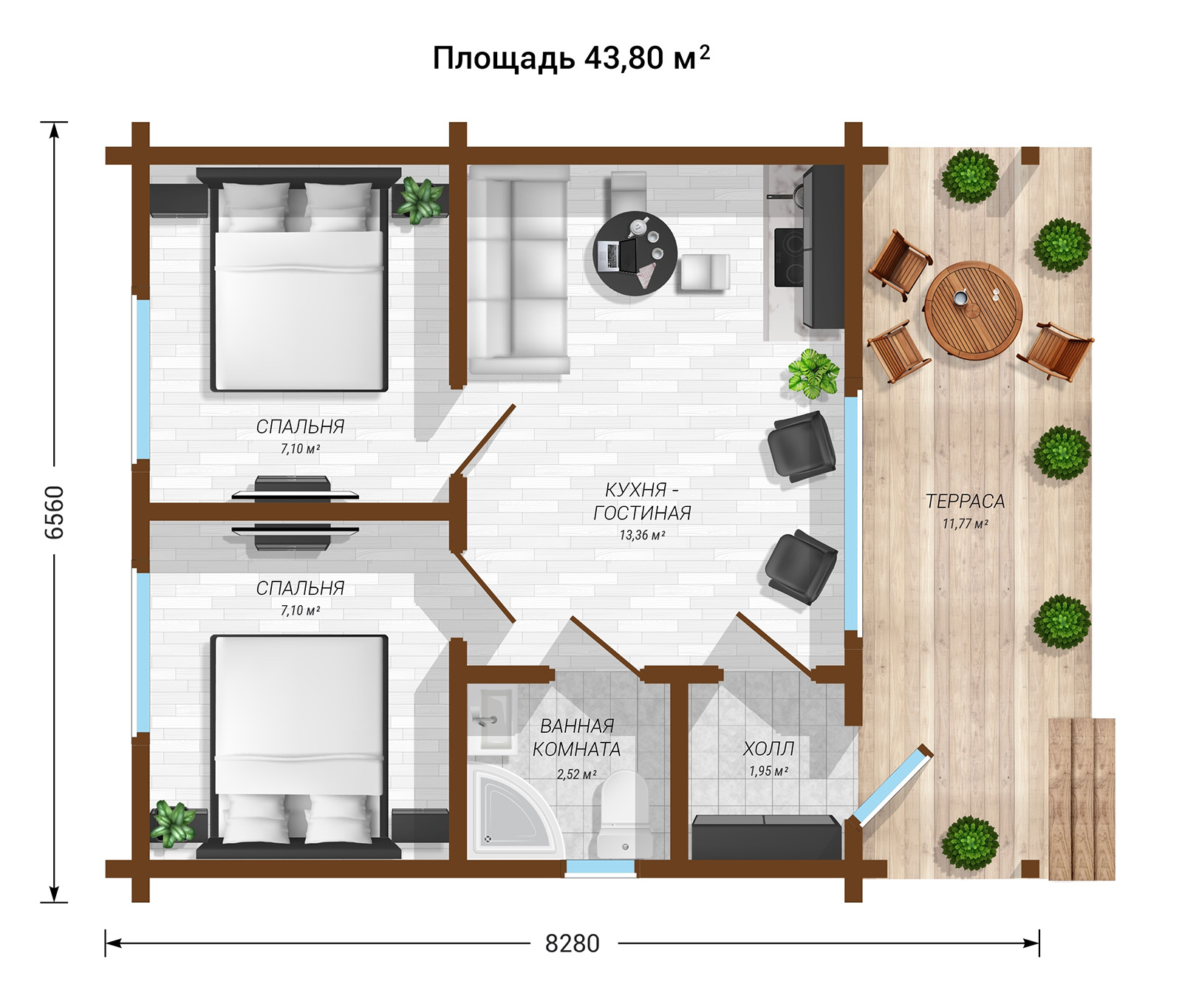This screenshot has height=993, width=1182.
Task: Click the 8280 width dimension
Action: pyautogui.click(x=573, y=943)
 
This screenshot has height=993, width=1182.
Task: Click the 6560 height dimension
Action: pyautogui.click(x=55, y=512)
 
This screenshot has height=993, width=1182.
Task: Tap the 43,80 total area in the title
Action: pyautogui.click(x=624, y=58)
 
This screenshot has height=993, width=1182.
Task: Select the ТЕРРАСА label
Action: pyautogui.click(x=965, y=501)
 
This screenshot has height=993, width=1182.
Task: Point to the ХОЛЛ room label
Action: pyautogui.click(x=769, y=748)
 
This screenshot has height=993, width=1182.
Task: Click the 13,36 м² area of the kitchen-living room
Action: pyautogui.click(x=642, y=535)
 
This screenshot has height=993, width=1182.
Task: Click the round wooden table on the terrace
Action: pyautogui.click(x=973, y=310)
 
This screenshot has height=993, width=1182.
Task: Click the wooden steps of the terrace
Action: pyautogui.click(x=1082, y=799)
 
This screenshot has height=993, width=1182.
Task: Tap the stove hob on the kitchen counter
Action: pyautogui.click(x=790, y=257)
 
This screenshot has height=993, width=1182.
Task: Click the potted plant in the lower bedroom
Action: pyautogui.click(x=173, y=823)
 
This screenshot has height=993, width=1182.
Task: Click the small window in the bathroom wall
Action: pyautogui.click(x=600, y=868)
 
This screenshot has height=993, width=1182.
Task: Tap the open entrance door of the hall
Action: pyautogui.click(x=892, y=785)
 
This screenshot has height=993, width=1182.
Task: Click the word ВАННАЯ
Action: pyautogui.click(x=577, y=726)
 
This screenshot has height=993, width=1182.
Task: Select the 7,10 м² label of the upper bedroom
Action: pyautogui.click(x=300, y=448)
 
